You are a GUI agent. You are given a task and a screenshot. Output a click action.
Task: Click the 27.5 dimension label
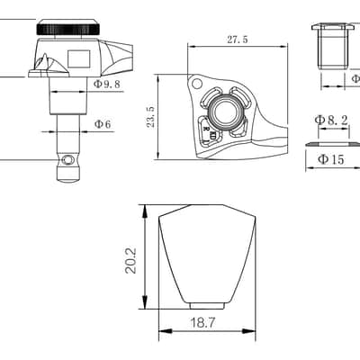point(238,40)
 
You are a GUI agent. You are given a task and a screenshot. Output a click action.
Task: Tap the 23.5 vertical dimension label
point(151,117)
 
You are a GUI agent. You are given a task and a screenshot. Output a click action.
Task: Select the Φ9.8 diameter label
point(107,84)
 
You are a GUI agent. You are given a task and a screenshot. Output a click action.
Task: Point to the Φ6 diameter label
point(103,124)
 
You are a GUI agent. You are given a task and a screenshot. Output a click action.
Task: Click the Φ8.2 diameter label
point(331,121)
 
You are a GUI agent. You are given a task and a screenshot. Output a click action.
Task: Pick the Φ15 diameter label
point(330,159)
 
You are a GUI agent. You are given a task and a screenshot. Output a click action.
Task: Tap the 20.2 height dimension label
point(130,260)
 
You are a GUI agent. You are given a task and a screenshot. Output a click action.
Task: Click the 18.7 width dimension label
point(202,323)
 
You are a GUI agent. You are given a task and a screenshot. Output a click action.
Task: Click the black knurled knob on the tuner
point(68,29)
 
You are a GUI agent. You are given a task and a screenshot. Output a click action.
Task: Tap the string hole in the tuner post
point(68,160)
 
